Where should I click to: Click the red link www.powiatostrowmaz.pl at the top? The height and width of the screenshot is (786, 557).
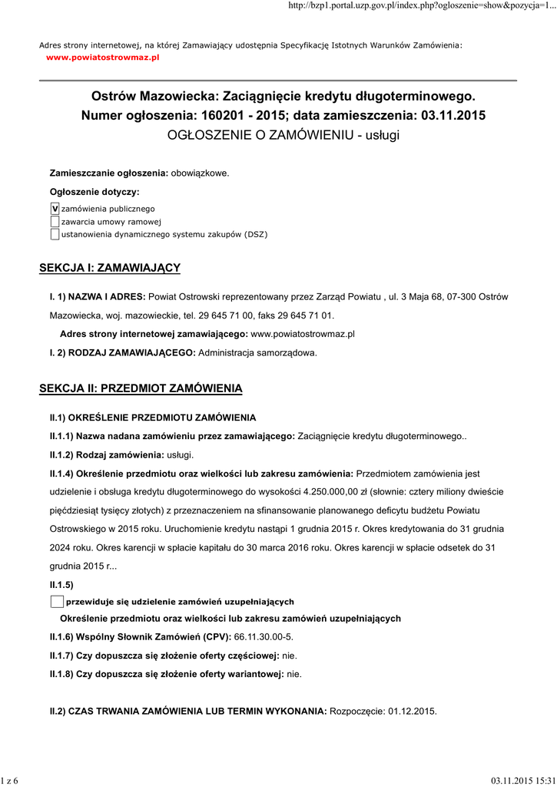pyautogui.click(x=102, y=58)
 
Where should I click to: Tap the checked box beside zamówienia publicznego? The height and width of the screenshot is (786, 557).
pyautogui.click(x=55, y=209)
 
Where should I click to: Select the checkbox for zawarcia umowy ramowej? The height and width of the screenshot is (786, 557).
pyautogui.click(x=55, y=222)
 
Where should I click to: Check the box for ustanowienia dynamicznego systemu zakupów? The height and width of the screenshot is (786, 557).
pyautogui.click(x=55, y=234)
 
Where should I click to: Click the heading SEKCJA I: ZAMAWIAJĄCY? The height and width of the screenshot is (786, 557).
pyautogui.click(x=109, y=267)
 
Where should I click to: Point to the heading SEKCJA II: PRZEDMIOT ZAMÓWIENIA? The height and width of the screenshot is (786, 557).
pyautogui.click(x=141, y=389)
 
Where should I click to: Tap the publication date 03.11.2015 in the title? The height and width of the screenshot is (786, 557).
pyautogui.click(x=453, y=116)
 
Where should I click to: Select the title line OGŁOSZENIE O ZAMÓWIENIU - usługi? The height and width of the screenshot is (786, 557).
pyautogui.click(x=283, y=135)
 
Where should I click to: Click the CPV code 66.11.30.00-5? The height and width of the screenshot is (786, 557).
pyautogui.click(x=264, y=638)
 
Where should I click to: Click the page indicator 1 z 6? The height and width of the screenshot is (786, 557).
pyautogui.click(x=9, y=781)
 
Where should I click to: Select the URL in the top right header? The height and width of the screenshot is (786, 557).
pyautogui.click(x=421, y=6)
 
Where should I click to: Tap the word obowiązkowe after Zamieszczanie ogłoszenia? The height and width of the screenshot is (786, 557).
pyautogui.click(x=199, y=173)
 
